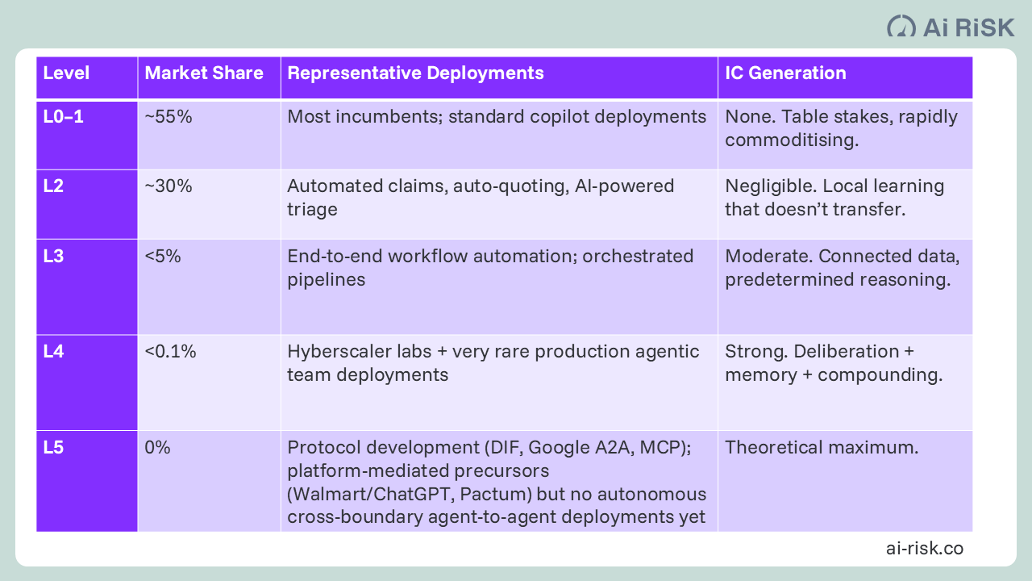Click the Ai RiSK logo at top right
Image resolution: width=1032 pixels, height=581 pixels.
[x=951, y=26]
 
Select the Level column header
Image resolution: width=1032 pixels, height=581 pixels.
[x=66, y=73]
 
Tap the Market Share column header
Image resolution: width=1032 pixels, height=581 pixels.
[x=204, y=73]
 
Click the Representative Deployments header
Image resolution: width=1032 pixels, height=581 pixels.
[x=415, y=73]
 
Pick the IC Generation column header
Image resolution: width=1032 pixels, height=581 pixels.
[x=785, y=73]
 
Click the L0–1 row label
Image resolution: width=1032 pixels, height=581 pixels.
[x=64, y=117]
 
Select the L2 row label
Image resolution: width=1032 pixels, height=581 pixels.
[x=53, y=186]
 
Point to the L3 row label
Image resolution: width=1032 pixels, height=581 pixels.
[x=53, y=257]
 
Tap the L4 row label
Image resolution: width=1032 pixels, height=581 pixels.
[x=53, y=352]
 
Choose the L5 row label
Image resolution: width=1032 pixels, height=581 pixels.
[x=53, y=448]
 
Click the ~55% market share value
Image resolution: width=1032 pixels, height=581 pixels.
[x=169, y=117]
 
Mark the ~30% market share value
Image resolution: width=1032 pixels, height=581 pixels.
[x=169, y=186]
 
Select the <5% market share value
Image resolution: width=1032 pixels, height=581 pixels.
[x=163, y=257]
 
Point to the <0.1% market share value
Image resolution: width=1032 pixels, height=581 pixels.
[x=170, y=352]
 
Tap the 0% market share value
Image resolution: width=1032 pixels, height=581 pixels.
[x=157, y=448]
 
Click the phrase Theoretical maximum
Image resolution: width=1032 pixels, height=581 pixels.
[x=822, y=448]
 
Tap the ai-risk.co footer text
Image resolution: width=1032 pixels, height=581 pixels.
[x=924, y=549]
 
